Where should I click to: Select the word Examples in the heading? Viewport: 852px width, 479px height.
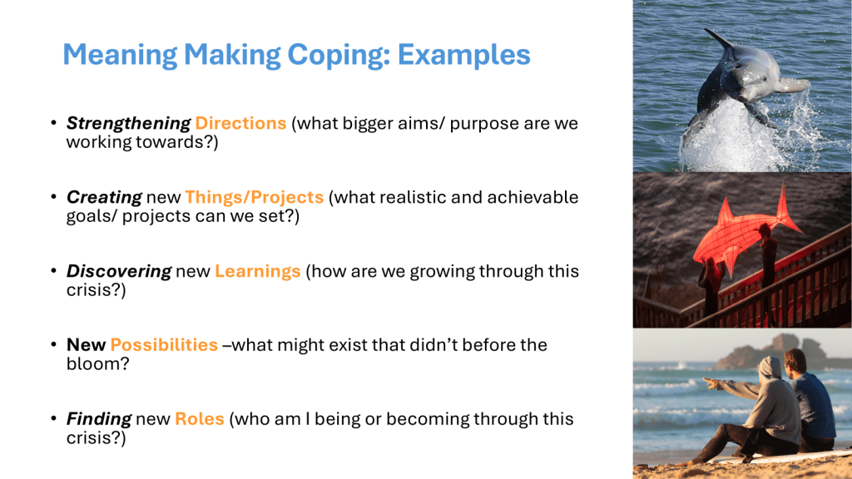(463, 54)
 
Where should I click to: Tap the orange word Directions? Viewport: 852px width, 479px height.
(240, 123)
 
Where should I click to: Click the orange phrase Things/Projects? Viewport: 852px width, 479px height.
(255, 197)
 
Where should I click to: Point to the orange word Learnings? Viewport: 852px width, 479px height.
(258, 272)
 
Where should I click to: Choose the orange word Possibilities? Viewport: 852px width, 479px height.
(164, 345)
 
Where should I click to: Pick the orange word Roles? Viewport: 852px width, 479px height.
(200, 419)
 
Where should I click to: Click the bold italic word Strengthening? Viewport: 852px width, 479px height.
(129, 124)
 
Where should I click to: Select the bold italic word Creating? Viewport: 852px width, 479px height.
(104, 198)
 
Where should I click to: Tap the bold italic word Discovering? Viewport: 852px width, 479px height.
(119, 272)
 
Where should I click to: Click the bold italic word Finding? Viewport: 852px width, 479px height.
(99, 419)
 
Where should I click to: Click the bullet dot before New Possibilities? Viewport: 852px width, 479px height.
(54, 344)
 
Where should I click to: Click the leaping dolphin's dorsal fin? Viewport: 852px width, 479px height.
(718, 40)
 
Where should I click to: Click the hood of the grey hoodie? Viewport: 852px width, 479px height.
(770, 368)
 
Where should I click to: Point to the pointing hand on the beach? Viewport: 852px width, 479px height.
(711, 383)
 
